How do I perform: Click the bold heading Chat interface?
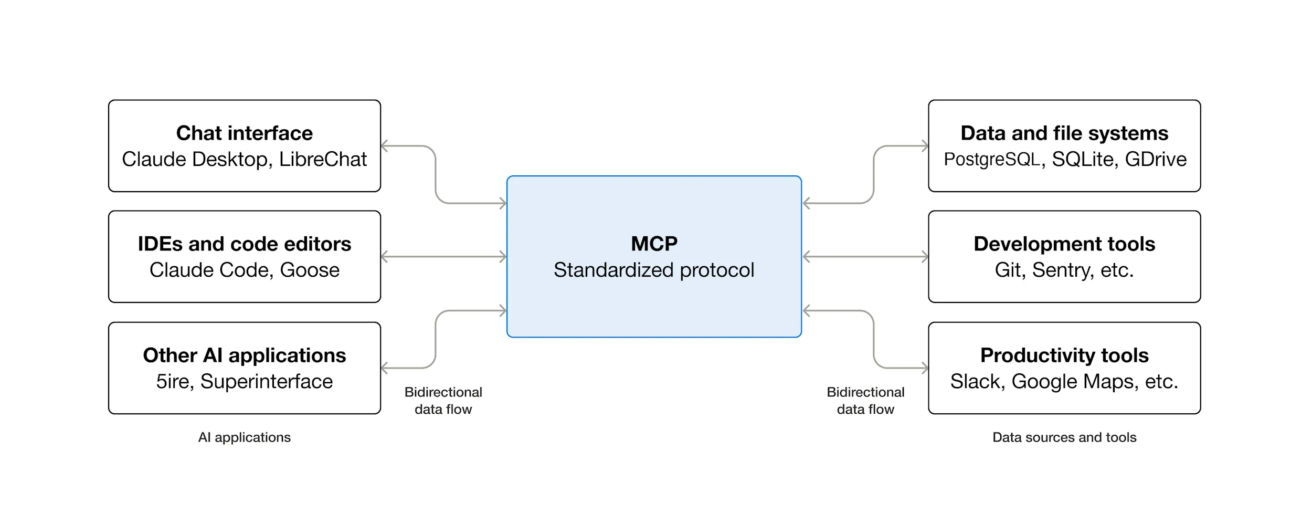(244, 133)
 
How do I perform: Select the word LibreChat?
(323, 160)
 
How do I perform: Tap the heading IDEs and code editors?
(244, 244)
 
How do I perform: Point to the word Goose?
(310, 270)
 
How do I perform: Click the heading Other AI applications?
(244, 355)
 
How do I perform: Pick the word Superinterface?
(267, 382)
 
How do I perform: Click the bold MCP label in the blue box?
(654, 244)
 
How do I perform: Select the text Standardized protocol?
(654, 270)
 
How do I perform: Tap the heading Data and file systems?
(1064, 133)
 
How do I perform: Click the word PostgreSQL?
(991, 160)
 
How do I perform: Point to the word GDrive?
(1156, 160)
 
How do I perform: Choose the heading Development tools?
(1064, 244)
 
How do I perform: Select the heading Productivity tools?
(1064, 355)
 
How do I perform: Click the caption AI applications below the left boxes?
(244, 437)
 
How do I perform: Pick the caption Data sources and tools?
(1064, 437)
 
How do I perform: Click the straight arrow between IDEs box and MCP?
(443, 257)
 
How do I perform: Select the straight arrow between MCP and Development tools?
(865, 257)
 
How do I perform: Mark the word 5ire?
(174, 382)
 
